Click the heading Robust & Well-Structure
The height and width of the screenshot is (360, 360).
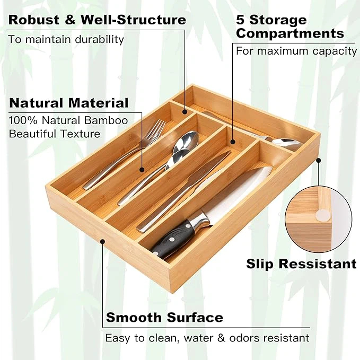click(97, 20)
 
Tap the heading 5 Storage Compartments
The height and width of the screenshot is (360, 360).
click(289, 27)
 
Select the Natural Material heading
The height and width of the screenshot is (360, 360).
click(69, 103)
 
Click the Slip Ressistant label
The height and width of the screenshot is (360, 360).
click(301, 264)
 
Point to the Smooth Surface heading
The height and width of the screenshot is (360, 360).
click(164, 318)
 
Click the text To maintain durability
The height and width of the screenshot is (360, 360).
click(66, 39)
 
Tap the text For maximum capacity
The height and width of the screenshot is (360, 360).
click(296, 51)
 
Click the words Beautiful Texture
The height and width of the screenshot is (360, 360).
click(55, 134)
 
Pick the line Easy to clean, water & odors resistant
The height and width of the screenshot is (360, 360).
click(207, 338)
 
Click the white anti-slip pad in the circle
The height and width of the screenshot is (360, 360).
click(321, 214)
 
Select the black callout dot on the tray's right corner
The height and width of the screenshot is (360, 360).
click(318, 159)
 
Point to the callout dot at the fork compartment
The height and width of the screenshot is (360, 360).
click(142, 170)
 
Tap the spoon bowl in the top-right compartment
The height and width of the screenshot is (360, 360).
click(286, 143)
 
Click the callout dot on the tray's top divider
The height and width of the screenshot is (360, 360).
click(185, 111)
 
